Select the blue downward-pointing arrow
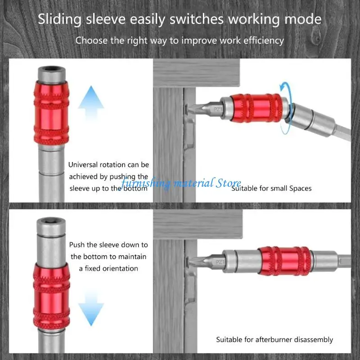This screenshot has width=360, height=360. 91,305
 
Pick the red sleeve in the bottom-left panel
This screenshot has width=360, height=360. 50,292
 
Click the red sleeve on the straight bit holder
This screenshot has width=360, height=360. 284,261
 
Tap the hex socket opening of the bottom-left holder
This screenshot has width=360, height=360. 50,222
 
